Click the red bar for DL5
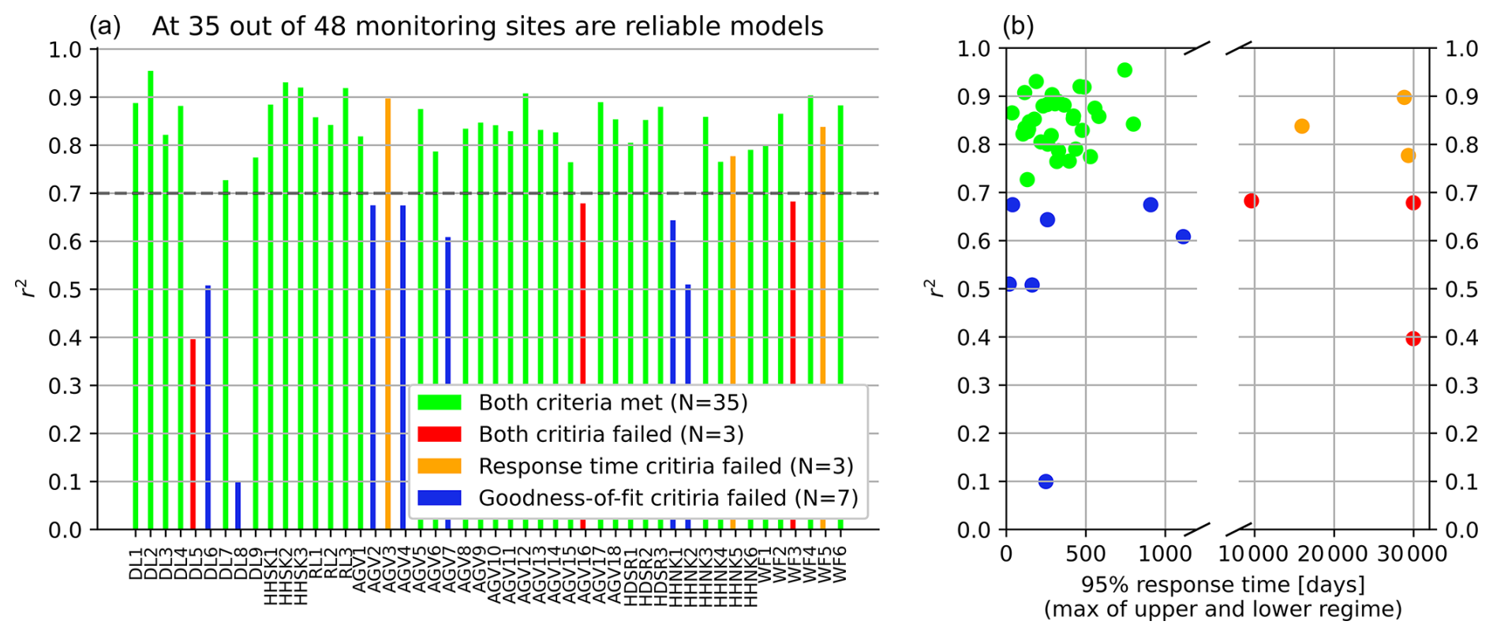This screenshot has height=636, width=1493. click(x=193, y=434)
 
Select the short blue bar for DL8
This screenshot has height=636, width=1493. click(x=238, y=506)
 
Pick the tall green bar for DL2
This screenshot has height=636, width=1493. click(x=151, y=300)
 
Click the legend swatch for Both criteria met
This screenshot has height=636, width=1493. click(x=439, y=402)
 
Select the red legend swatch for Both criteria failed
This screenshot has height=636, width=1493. click(x=439, y=434)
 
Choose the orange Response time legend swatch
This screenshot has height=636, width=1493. click(x=439, y=466)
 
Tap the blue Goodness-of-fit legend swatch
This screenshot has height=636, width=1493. click(x=439, y=498)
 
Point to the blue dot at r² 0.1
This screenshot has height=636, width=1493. click(x=1046, y=481)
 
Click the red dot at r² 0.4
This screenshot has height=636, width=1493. click(x=1413, y=339)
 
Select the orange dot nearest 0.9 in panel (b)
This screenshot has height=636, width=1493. click(x=1404, y=98)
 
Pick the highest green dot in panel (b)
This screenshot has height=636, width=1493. click(x=1124, y=70)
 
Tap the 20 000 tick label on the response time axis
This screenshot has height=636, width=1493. click(x=1334, y=554)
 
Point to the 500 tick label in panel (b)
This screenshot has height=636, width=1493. click(x=1086, y=554)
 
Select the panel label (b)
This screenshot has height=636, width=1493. click(x=1018, y=27)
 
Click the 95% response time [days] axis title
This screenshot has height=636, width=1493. click(x=1222, y=585)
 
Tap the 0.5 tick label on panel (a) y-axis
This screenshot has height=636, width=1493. click(x=65, y=290)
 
